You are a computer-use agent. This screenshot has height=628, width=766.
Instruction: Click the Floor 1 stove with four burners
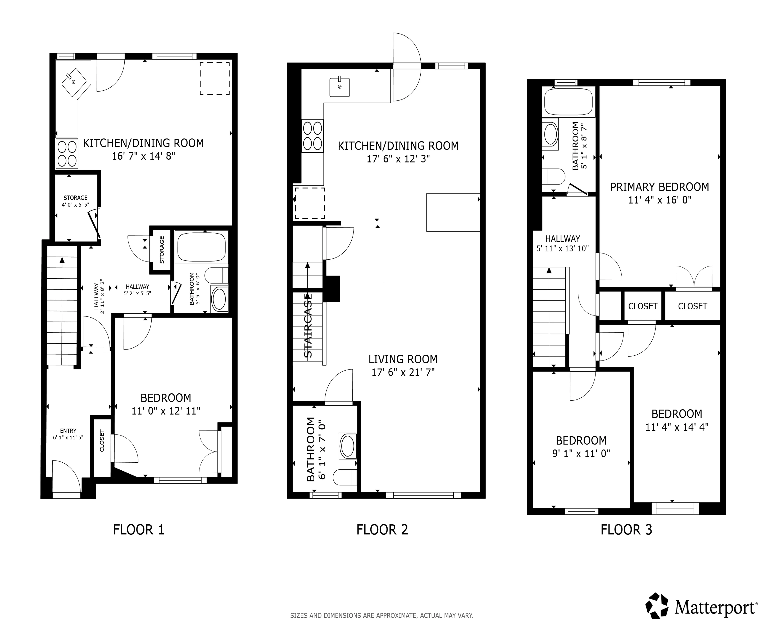[x=67, y=154]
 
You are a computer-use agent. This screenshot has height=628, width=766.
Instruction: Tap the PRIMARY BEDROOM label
[x=659, y=187]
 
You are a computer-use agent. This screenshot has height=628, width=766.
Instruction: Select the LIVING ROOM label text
[x=403, y=359]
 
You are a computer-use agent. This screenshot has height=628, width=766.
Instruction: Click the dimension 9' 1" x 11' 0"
[x=581, y=453]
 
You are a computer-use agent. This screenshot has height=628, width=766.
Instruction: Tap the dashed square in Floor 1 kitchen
[x=215, y=78]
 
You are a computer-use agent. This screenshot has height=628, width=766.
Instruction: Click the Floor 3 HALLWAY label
[x=563, y=239]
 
